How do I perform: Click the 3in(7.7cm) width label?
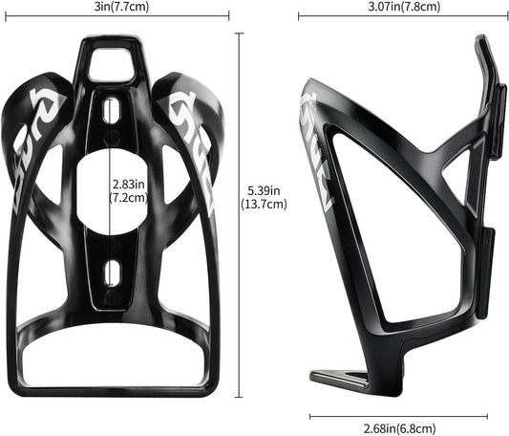click(x=118, y=7)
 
